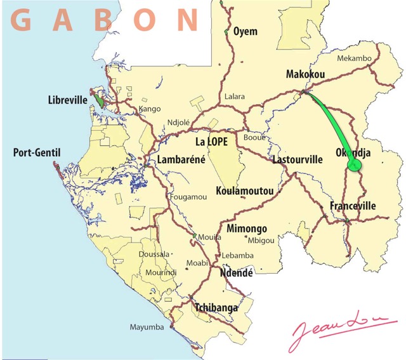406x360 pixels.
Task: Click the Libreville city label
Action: pyautogui.click(x=67, y=100)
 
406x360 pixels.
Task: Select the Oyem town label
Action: pyautogui.click(x=246, y=31)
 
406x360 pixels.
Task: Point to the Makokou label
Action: pyautogui.click(x=305, y=74)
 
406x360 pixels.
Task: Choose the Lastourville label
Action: pyautogui.click(x=298, y=160)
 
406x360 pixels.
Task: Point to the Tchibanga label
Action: pyautogui.click(x=216, y=308)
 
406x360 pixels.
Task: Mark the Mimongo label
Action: pyautogui.click(x=247, y=229)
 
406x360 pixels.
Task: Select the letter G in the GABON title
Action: pyautogui.click(x=22, y=20)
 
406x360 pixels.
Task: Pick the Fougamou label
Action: pyautogui.click(x=188, y=197)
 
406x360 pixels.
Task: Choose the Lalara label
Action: pyautogui.click(x=234, y=97)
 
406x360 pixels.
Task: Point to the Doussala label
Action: pyautogui.click(x=154, y=253)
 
